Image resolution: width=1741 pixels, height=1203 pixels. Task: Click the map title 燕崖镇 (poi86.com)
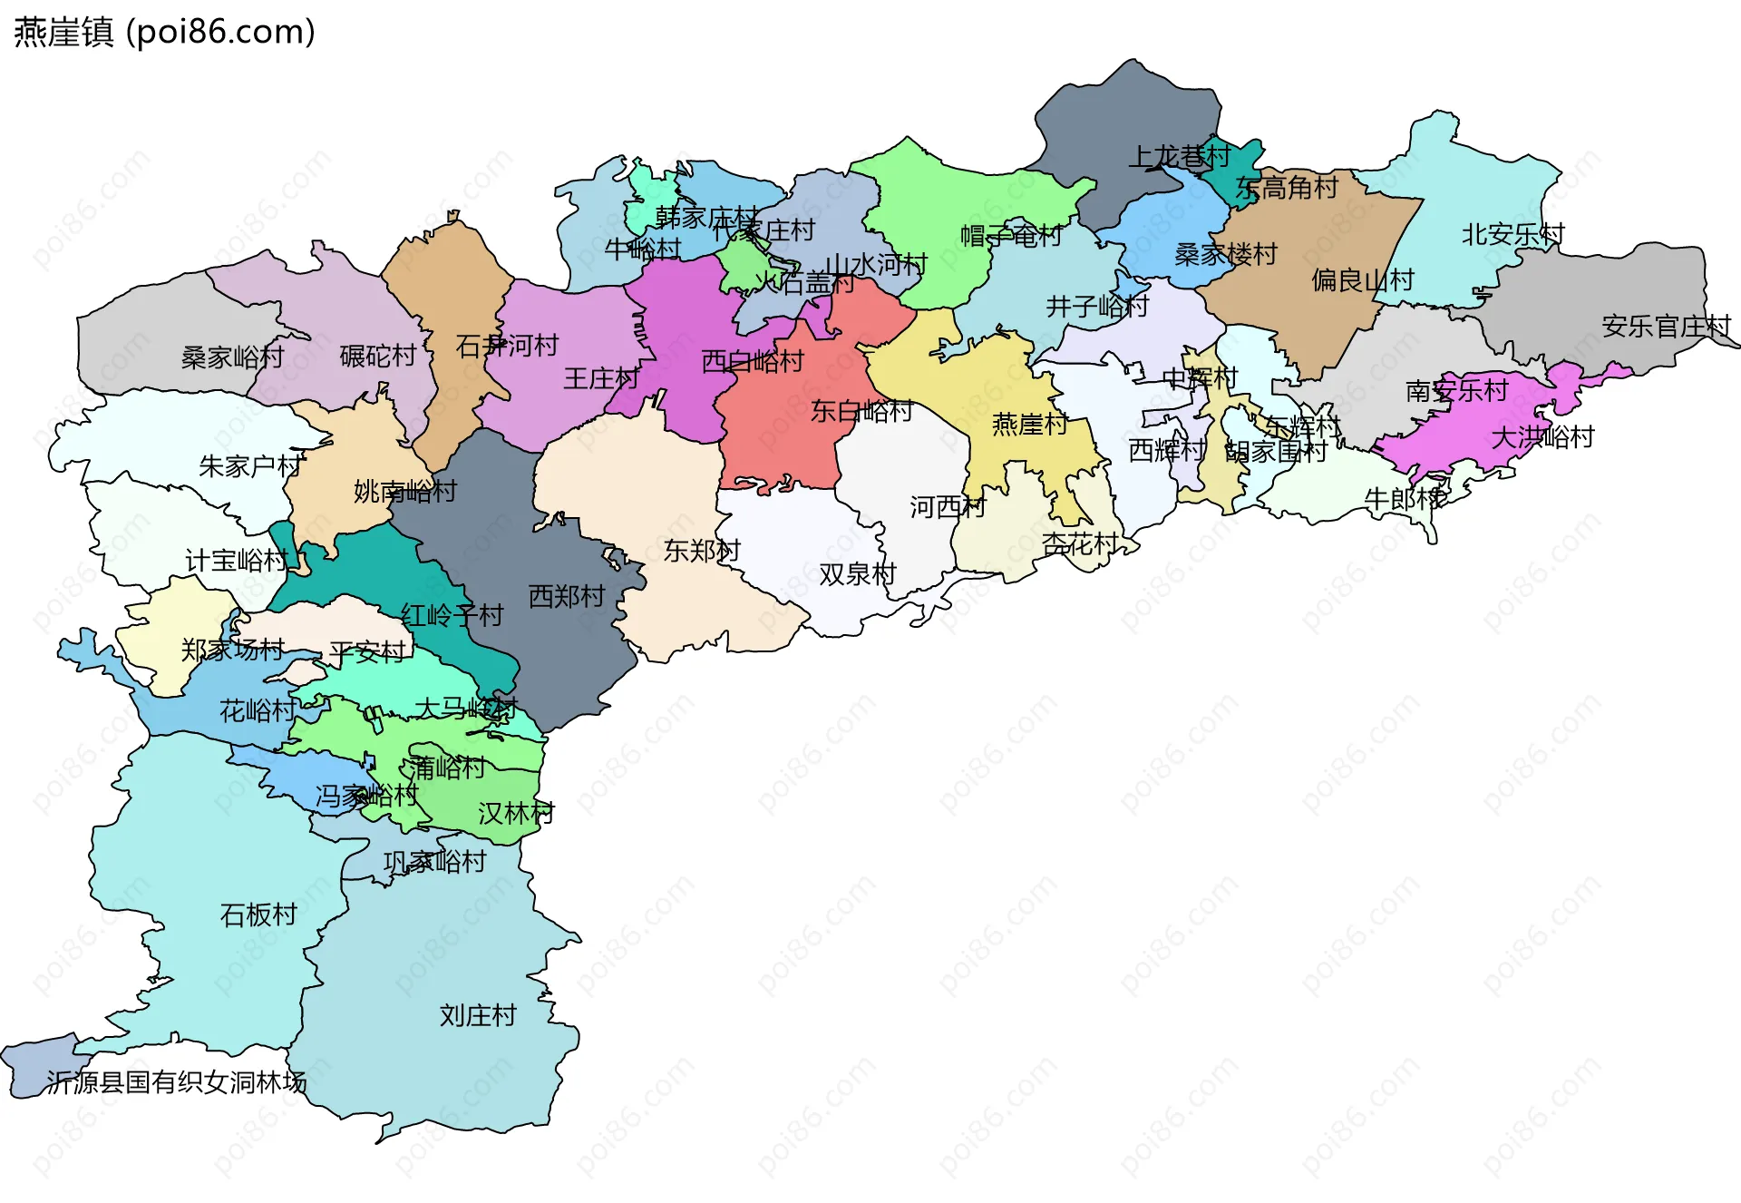[164, 32]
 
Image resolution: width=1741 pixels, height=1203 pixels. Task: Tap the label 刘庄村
[478, 1015]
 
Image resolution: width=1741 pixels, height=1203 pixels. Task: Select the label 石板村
[258, 914]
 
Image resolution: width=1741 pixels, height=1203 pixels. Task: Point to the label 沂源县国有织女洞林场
[176, 1082]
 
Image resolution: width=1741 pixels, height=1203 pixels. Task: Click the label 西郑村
[567, 596]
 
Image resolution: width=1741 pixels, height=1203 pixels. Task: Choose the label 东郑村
[702, 550]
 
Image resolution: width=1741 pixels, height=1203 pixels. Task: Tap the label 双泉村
[857, 574]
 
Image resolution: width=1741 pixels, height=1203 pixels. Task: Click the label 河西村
[948, 506]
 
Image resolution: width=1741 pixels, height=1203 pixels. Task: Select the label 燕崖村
[1030, 424]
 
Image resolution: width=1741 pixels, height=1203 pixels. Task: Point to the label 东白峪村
[861, 411]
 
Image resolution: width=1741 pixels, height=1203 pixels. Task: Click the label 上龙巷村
[1179, 156]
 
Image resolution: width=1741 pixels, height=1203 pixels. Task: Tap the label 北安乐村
[1512, 234]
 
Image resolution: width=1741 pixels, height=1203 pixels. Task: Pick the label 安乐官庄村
[1666, 326]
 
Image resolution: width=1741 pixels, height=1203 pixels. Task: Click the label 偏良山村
[1363, 279]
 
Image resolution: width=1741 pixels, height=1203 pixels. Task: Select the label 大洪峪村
[1542, 437]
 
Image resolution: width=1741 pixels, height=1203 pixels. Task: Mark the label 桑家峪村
[233, 357]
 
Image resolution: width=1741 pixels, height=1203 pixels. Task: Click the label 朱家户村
[251, 466]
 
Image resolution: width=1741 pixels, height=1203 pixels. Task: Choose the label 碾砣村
[378, 356]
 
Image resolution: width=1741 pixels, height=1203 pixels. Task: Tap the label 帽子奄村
[1011, 236]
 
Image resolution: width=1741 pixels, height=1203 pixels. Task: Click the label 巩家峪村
[435, 861]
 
